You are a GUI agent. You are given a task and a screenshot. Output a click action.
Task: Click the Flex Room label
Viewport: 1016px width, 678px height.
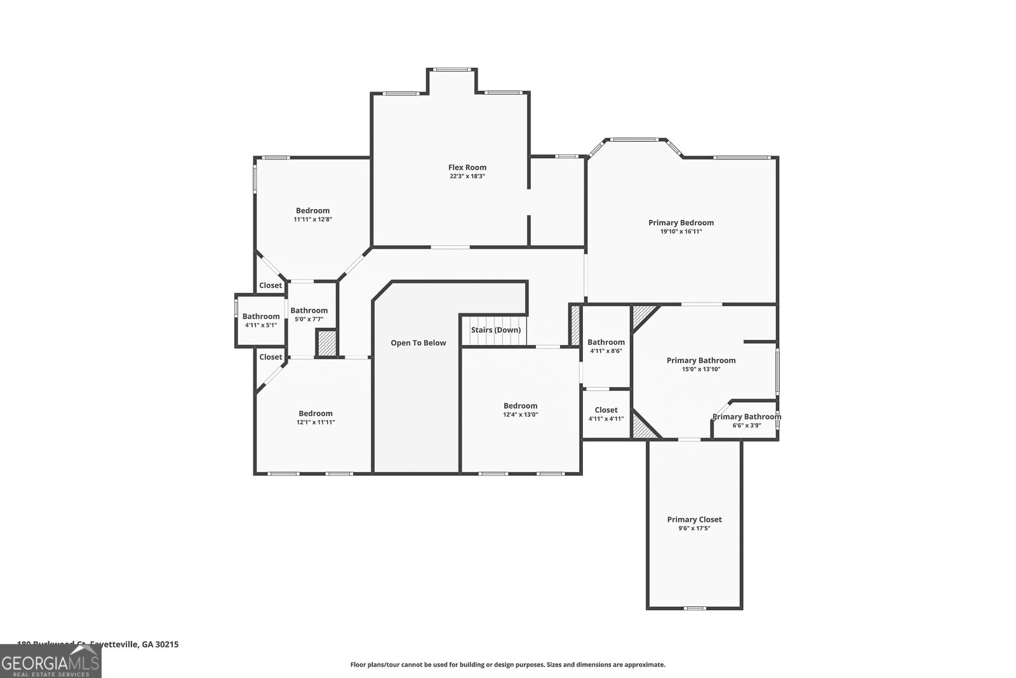[x=467, y=168]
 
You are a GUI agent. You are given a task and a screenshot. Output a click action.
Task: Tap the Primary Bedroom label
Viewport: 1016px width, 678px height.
[x=681, y=222]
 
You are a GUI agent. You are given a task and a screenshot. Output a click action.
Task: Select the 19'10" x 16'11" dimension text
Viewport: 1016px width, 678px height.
[x=681, y=232]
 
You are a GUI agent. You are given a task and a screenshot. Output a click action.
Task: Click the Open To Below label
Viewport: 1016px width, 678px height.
[x=418, y=342]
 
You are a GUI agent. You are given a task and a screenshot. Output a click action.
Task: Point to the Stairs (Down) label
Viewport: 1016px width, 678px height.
[x=495, y=330]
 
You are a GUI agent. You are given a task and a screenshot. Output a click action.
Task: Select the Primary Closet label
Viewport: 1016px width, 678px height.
[x=694, y=519]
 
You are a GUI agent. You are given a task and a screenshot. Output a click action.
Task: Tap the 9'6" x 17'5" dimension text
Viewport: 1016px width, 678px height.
[x=694, y=528]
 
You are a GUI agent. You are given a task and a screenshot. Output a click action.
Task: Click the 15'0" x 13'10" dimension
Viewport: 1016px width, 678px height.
[x=701, y=369]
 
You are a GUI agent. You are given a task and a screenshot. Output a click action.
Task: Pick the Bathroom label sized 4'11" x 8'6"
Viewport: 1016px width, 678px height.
[x=606, y=342]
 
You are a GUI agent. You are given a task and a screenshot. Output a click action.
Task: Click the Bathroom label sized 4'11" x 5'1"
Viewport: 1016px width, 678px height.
[x=261, y=316]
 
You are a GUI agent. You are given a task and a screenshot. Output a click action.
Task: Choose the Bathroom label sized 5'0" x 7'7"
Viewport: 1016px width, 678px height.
[x=309, y=310]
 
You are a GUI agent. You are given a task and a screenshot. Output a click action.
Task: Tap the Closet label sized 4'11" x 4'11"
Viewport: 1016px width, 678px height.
[x=606, y=410]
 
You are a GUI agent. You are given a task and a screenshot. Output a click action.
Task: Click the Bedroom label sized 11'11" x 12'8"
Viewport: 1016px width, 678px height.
[x=312, y=210]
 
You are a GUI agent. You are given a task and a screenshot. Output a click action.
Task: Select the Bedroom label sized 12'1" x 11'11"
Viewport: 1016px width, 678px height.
[x=316, y=413]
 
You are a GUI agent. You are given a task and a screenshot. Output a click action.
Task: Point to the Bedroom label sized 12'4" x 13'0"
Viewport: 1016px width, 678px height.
[x=520, y=405]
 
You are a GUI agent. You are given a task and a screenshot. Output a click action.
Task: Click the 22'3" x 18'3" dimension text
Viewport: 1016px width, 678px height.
[x=467, y=177]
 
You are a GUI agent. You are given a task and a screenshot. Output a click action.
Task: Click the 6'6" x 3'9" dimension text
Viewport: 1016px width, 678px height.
[x=746, y=426]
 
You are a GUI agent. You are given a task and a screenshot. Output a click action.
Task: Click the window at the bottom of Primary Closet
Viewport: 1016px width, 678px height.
[x=695, y=608]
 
